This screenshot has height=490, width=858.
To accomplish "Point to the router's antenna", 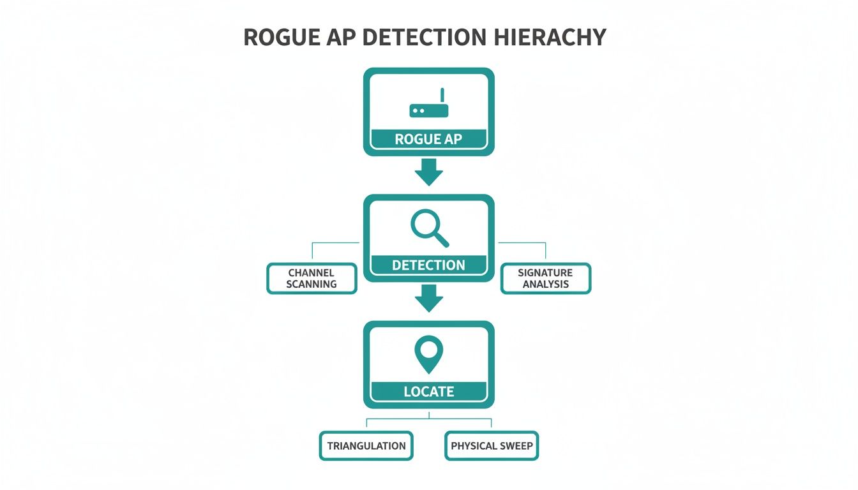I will click(x=442, y=95).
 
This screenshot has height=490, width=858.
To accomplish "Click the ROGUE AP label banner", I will click(x=428, y=138).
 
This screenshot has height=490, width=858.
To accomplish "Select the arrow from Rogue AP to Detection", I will click(x=428, y=172).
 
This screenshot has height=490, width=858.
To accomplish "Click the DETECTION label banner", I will click(x=428, y=265).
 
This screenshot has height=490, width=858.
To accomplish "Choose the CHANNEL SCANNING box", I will click(x=312, y=278).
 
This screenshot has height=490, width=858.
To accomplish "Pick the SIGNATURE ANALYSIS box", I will click(x=546, y=278).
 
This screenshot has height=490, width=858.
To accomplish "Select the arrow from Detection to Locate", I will click(x=428, y=298).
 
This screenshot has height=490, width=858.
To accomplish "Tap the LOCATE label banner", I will click(x=428, y=391).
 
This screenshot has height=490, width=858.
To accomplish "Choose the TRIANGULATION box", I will click(x=366, y=446).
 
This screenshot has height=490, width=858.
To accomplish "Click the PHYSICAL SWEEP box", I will click(x=492, y=446).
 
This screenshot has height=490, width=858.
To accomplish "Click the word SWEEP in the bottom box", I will click(x=516, y=446).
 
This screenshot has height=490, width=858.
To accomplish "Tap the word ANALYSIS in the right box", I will click(x=546, y=284).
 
